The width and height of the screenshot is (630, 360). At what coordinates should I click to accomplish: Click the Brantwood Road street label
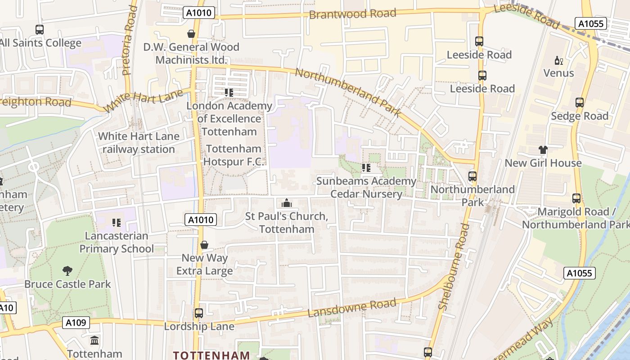pyautogui.click(x=352, y=14)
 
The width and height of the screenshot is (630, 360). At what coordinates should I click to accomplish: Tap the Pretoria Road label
pyautogui.click(x=130, y=40)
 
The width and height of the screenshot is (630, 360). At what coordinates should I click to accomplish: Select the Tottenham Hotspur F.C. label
pyautogui.click(x=234, y=155)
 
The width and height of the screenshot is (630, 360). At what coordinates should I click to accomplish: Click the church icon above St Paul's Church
pyautogui.click(x=286, y=203)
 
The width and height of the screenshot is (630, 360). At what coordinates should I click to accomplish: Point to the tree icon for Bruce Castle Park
pyautogui.click(x=67, y=271)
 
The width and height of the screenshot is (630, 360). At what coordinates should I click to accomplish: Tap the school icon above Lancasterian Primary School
pyautogui.click(x=117, y=222)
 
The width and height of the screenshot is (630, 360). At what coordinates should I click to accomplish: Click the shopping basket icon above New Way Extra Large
pyautogui.click(x=204, y=245)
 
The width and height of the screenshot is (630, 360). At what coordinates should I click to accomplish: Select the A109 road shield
pyautogui.click(x=76, y=323)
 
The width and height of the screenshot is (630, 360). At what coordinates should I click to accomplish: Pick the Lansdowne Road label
pyautogui.click(x=352, y=308)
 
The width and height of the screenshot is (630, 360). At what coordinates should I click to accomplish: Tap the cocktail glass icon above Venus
pyautogui.click(x=558, y=60)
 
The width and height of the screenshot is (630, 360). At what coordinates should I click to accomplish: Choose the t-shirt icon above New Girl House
pyautogui.click(x=543, y=150)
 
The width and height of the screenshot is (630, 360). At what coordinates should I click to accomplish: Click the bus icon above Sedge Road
pyautogui.click(x=580, y=103)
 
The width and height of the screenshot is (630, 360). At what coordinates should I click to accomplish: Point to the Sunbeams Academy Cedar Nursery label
pyautogui.click(x=366, y=187)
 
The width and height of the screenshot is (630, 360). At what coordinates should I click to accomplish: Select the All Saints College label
pyautogui.click(x=40, y=43)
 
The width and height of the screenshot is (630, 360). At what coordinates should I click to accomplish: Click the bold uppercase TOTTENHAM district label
pyautogui.click(x=211, y=355)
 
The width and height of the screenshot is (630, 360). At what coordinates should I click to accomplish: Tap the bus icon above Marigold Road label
pyautogui.click(x=576, y=198)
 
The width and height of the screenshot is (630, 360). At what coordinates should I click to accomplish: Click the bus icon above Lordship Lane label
pyautogui.click(x=198, y=313)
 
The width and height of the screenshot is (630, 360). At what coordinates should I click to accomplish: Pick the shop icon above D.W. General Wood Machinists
pyautogui.click(x=191, y=34)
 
